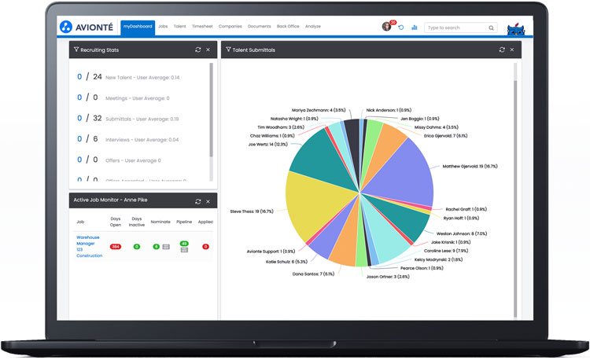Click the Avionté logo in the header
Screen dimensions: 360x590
(87, 27)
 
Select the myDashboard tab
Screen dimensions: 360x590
(138, 27)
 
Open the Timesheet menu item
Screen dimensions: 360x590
(202, 27)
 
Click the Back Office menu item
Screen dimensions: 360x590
(288, 27)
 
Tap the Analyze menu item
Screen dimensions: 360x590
(312, 27)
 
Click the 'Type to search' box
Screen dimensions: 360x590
(456, 28)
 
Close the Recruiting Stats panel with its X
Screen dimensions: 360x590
(208, 50)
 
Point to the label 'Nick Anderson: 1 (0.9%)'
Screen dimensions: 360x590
(389, 110)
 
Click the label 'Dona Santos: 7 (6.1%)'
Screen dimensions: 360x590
(313, 274)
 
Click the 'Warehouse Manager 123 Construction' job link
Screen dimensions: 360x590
(89, 245)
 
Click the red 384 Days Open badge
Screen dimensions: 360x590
(116, 247)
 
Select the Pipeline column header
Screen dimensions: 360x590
(184, 222)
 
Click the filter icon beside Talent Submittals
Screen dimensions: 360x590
(228, 50)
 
